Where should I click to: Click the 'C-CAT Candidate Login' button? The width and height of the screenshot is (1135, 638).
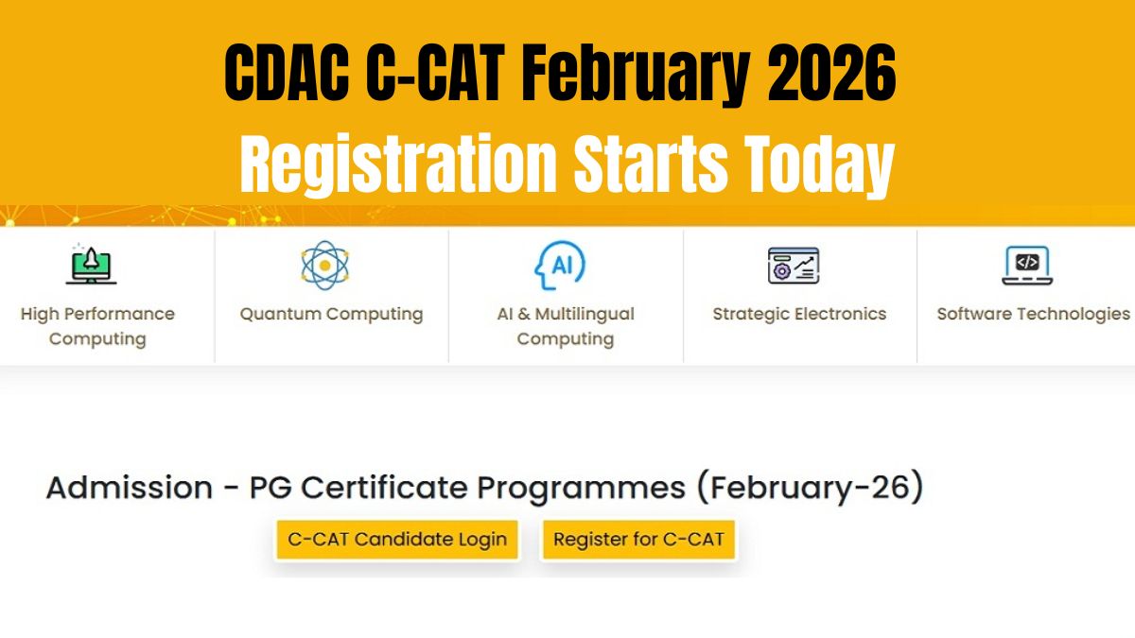397,540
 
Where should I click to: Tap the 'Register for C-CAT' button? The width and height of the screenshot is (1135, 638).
638,540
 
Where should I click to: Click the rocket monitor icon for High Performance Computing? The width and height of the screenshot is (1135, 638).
91,265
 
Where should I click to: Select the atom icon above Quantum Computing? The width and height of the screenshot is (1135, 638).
324,266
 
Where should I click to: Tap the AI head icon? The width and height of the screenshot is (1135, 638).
560,265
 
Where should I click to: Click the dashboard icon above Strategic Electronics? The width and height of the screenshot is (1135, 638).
794,266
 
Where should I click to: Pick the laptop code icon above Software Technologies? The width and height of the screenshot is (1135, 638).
1027,266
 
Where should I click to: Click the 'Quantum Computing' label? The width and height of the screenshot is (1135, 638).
331,315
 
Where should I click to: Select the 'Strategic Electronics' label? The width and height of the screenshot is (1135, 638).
799,314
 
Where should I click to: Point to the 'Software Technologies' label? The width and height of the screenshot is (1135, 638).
1033,314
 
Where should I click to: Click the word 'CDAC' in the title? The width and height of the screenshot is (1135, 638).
287,74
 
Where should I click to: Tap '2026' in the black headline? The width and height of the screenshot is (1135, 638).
831,74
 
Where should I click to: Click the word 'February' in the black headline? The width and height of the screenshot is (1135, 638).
636,76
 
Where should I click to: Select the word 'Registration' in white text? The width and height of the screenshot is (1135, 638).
398,164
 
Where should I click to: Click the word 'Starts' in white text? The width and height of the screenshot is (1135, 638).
651,165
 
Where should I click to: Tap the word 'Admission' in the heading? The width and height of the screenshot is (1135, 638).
130,488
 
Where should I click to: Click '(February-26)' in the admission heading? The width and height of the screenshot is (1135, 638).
811,488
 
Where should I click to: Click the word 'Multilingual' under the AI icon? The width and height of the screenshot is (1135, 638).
585,315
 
